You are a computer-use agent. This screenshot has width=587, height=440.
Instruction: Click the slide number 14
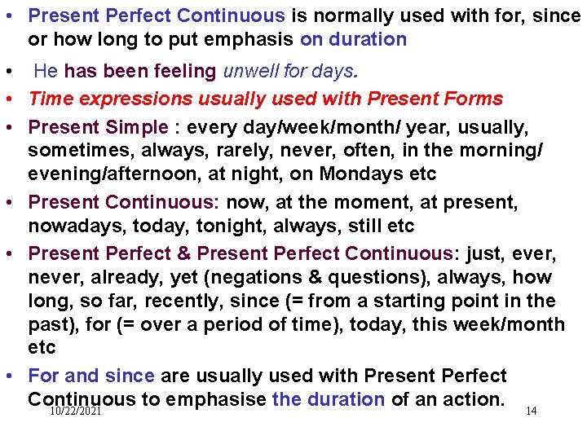tap(531, 411)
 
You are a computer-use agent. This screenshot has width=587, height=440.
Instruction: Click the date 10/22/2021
tap(75, 413)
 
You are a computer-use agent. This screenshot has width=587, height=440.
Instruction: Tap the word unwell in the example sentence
tap(249, 72)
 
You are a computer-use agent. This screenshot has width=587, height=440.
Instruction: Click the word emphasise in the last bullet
tap(217, 399)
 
